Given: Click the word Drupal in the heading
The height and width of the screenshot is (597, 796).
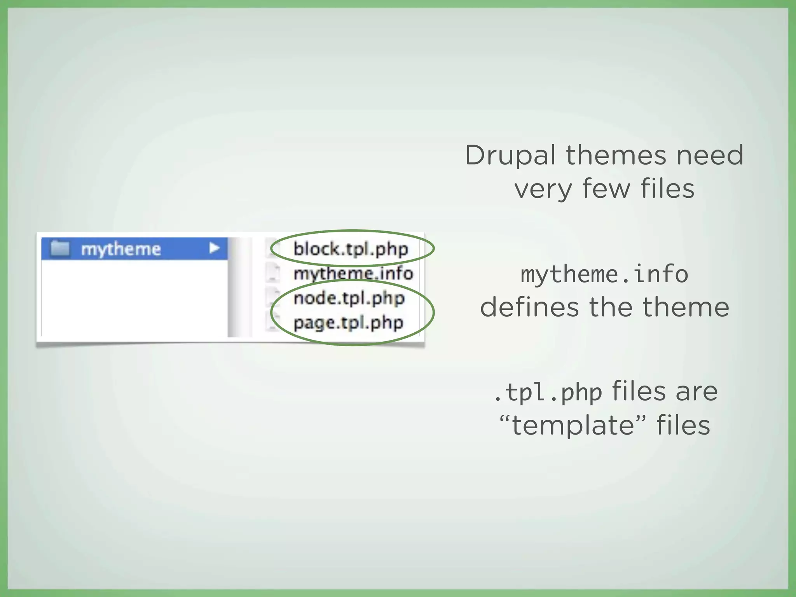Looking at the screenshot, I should point(510,155).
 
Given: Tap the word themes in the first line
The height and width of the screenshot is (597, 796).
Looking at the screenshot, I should point(616,155).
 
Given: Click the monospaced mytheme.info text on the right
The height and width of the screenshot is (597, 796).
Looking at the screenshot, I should point(604,274).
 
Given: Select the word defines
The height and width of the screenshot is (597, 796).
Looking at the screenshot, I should point(529,307).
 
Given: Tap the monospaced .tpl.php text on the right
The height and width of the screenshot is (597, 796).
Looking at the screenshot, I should point(548,392).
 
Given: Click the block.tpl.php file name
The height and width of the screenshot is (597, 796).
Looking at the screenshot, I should point(351,249).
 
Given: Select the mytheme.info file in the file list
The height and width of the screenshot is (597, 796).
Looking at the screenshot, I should point(353,273).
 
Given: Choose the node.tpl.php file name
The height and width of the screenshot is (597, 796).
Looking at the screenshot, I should point(349,298).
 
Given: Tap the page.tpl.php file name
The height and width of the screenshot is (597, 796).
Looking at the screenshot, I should point(348,323).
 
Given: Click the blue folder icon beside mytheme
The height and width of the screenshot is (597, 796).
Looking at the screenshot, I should point(60,248).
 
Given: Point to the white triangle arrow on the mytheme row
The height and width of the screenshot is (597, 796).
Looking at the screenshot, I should point(214,248).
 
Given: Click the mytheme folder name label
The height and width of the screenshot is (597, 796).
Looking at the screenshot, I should point(120,249).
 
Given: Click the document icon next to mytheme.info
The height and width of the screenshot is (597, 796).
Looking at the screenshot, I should point(273,273).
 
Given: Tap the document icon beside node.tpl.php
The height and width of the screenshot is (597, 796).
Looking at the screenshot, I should point(273,298).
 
